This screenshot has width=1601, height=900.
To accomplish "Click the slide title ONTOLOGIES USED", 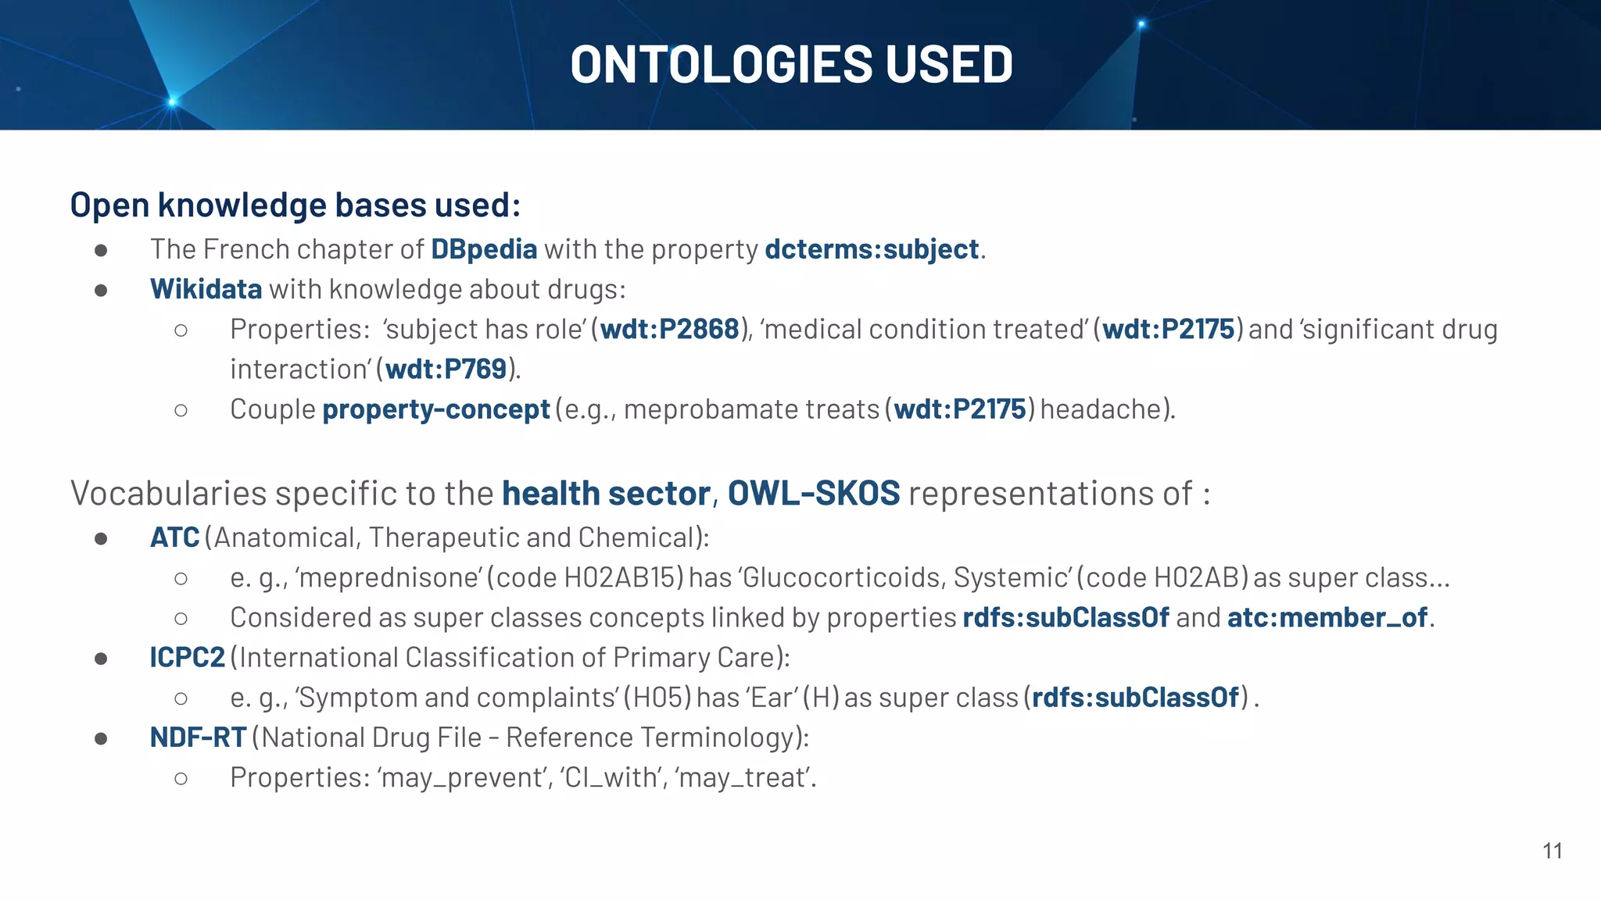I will tap(791, 64).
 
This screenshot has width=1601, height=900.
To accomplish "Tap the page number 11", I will tap(1553, 851).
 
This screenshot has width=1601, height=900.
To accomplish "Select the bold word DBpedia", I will tap(484, 249).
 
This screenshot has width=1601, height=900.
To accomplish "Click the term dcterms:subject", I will tap(872, 249).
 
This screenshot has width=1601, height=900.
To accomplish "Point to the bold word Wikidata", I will tap(206, 289).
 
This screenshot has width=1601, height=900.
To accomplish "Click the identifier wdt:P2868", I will tap(669, 329).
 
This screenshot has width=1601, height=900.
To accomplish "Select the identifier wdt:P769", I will tap(446, 369).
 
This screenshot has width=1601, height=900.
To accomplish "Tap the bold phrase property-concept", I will tap(436, 409).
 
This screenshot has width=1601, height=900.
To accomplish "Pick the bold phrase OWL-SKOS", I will tap(814, 494).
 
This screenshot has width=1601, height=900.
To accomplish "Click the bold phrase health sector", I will tap(606, 494).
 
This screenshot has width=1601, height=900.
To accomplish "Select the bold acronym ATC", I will tap(175, 537).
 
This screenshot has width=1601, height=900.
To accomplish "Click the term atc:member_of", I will tap(1327, 618).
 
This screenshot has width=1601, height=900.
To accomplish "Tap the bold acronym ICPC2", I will tap(188, 658).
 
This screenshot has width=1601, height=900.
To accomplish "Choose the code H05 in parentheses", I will tap(657, 698).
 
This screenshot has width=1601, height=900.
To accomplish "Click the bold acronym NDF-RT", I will tap(198, 737).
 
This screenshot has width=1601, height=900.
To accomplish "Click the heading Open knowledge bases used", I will tap(295, 205).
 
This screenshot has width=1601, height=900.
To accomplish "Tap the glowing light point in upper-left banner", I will tap(173, 102).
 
